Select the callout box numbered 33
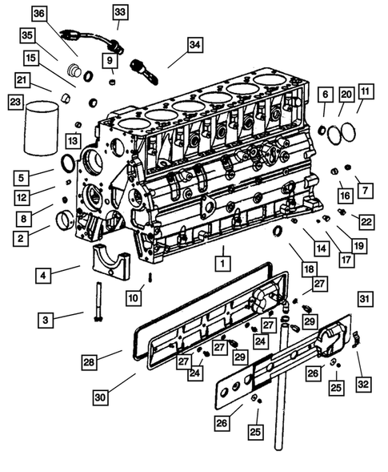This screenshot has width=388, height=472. tap(119, 12)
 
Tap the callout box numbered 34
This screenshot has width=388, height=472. tap(195, 46)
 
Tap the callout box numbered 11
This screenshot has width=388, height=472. tap(365, 93)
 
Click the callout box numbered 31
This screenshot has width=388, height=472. tap(365, 299)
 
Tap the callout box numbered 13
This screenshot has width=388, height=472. tap(73, 141)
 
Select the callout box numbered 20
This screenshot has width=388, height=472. tap(345, 94)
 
